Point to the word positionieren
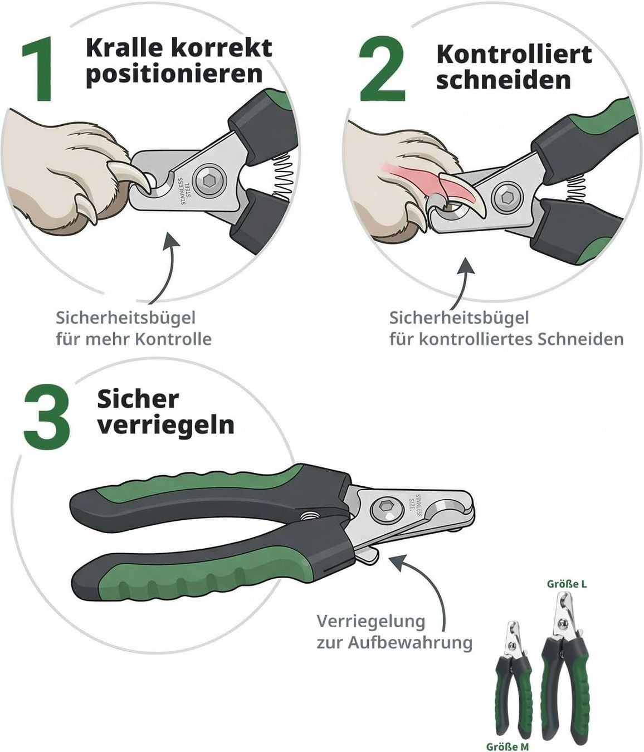point(174,75)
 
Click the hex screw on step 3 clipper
point(387,507)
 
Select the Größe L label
point(567,584)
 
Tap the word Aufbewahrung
point(410,642)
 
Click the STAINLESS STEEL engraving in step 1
point(186,191)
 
